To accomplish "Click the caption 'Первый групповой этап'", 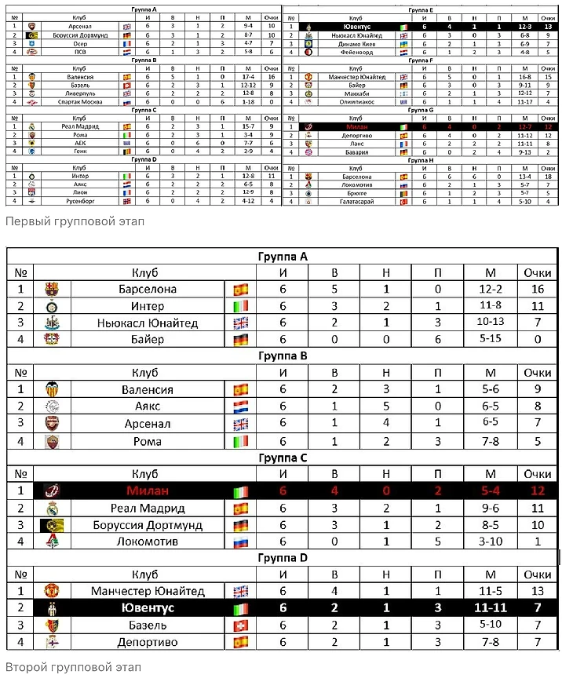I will tap(75, 221).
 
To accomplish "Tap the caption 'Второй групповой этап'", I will tap(74, 668).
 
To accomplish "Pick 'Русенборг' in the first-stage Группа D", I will tap(75, 202).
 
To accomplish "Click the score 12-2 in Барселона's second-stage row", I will tap(490, 289).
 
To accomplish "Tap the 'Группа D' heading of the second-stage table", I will tap(283, 558).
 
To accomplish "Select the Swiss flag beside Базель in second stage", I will tap(241, 625).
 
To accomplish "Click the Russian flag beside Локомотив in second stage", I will tap(241, 542).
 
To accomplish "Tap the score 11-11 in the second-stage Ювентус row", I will tap(490, 608).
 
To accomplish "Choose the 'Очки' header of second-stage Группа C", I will tap(538, 474).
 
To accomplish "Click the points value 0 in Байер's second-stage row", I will tap(538, 340).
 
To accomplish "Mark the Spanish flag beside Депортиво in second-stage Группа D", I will tap(241, 642).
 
